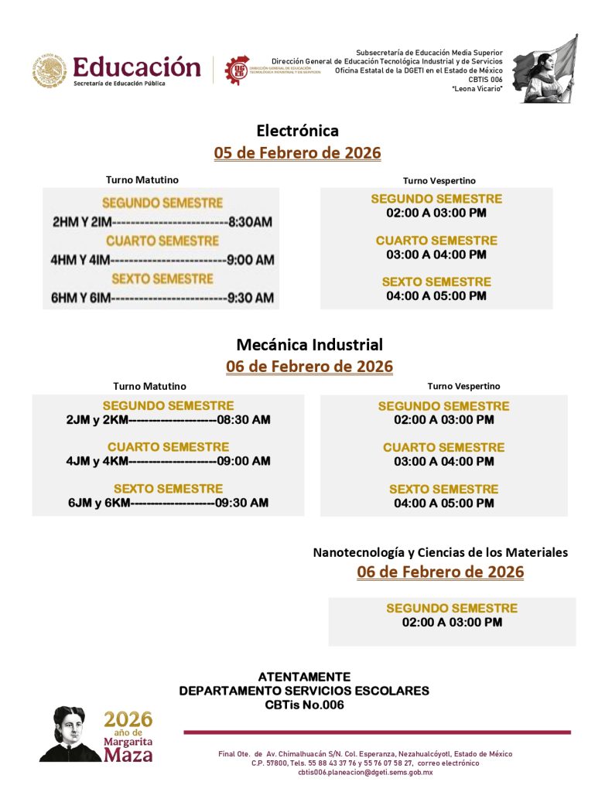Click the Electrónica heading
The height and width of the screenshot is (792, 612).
point(297,131)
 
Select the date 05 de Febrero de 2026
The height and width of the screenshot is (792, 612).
point(297,153)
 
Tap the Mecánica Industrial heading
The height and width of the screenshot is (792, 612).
point(309,345)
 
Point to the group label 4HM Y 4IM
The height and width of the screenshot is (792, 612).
point(80,260)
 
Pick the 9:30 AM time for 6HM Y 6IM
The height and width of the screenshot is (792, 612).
point(251,298)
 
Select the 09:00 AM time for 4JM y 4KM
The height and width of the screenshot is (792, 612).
point(244,461)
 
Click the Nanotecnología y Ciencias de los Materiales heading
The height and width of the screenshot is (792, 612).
point(440,552)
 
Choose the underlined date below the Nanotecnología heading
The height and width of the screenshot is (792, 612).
point(440,572)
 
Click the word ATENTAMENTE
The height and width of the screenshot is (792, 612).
point(304,677)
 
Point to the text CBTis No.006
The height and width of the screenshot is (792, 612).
point(304,705)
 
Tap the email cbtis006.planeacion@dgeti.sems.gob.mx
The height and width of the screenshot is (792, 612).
point(365,772)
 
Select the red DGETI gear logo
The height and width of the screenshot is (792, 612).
point(237,70)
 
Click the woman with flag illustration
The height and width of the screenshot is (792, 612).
point(546,69)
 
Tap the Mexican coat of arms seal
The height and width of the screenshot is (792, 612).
point(50,70)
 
